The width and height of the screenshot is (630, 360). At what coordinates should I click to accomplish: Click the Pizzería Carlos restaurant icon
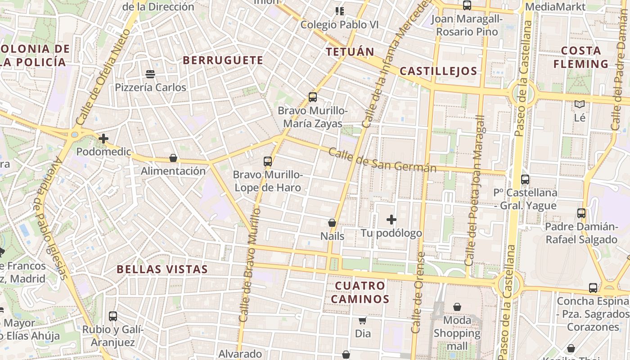(150, 74)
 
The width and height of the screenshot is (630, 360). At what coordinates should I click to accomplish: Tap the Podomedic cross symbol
(103, 139)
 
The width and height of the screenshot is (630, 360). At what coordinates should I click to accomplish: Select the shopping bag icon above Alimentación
(173, 158)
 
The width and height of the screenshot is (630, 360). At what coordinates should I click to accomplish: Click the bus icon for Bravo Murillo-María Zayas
(312, 97)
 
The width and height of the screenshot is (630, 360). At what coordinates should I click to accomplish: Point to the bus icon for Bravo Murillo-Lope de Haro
(268, 161)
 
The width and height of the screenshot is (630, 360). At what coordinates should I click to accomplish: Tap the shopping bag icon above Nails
(332, 223)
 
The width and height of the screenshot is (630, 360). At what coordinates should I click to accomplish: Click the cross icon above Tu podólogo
(391, 220)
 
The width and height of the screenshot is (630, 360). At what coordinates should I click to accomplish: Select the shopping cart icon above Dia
(363, 320)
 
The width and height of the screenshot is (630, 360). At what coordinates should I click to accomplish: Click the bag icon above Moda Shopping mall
(457, 307)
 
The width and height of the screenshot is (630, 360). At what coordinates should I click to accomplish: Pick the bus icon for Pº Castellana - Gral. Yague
(525, 180)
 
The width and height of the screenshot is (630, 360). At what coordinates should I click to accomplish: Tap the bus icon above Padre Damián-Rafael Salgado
(581, 213)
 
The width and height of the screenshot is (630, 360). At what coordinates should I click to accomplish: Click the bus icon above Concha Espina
(593, 288)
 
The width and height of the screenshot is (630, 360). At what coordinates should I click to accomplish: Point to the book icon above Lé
(580, 104)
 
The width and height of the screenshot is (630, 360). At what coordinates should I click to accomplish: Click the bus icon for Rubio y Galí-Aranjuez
(113, 316)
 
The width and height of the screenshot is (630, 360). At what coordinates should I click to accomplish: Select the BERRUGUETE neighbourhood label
(223, 60)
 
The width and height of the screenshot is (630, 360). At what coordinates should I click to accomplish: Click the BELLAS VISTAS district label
(162, 270)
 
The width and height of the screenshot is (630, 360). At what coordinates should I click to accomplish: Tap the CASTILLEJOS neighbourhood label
(438, 71)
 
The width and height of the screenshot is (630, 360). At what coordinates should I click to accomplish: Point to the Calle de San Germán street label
(382, 160)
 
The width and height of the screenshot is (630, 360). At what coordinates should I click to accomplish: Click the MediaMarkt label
(555, 7)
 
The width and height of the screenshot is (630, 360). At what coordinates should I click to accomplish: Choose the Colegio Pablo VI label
(340, 24)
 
